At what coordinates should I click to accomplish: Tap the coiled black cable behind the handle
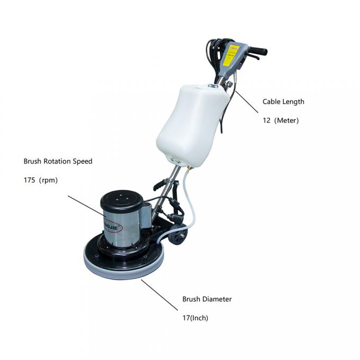click(x=212, y=53)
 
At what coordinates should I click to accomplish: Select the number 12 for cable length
click(x=267, y=120)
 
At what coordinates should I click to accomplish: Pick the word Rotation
click(x=59, y=161)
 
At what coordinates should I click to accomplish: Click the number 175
click(x=30, y=180)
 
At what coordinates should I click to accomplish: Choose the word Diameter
click(x=217, y=299)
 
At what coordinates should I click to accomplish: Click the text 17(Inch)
click(x=195, y=318)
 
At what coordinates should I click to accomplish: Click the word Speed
click(x=83, y=161)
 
